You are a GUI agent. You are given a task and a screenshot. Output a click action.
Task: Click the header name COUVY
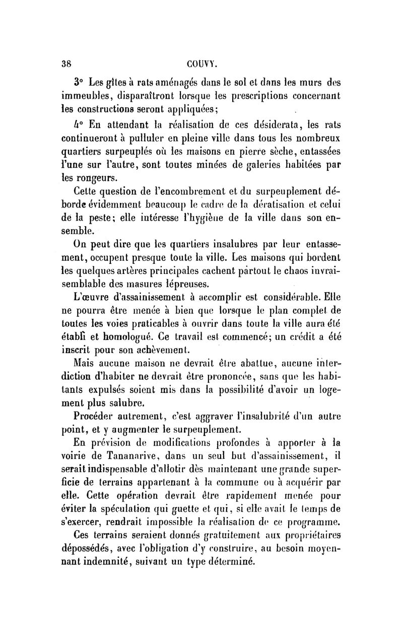[202, 63]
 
